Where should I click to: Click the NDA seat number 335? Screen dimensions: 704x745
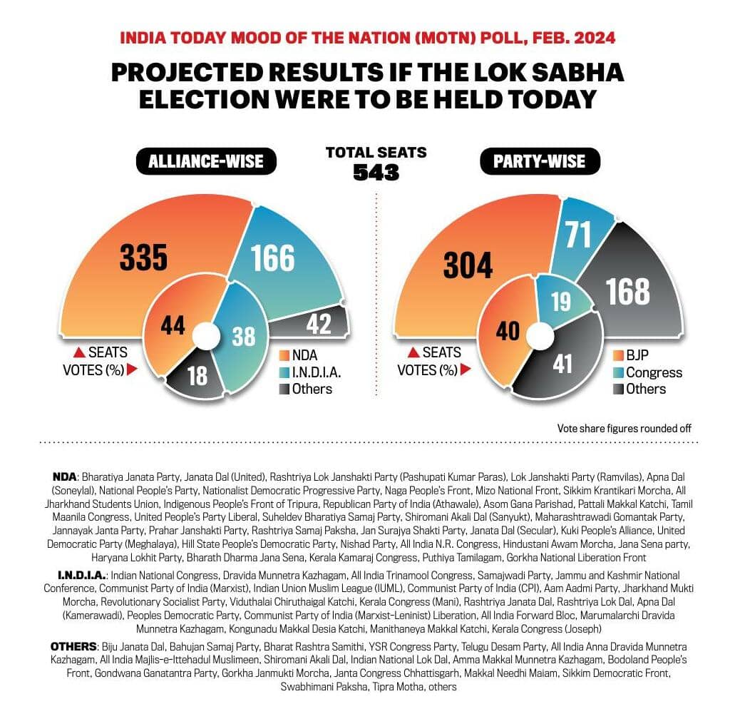pos(143,258)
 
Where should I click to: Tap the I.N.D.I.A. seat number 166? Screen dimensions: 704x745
pos(273,258)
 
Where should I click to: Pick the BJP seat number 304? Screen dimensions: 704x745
pos(468,265)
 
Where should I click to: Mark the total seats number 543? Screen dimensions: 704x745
pos(376,172)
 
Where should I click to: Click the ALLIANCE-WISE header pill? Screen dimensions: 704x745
pos(205,161)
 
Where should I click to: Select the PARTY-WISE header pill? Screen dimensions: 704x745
pos(539,161)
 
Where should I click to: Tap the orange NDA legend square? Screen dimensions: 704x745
pos(284,354)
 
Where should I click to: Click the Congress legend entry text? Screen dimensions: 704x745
pos(654,372)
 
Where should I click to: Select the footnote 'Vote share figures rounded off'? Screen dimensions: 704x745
pos(625,429)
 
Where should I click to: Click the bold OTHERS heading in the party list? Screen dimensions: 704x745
pos(73,646)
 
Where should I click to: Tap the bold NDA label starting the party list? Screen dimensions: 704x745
pos(65,475)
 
